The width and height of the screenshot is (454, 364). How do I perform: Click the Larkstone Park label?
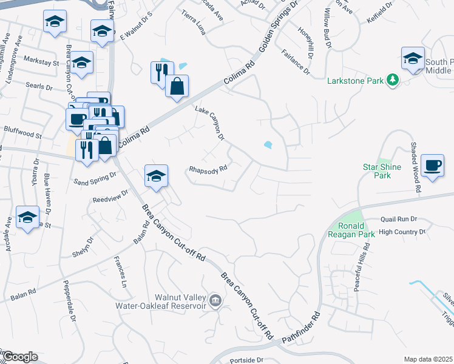coord(356,80)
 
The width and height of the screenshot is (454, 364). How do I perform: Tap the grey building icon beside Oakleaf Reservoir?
coord(215,301)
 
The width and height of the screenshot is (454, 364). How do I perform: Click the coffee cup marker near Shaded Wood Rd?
coord(432,166)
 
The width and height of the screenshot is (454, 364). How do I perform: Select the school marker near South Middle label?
coord(413,59)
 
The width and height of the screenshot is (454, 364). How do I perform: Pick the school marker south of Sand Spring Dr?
coord(156,177)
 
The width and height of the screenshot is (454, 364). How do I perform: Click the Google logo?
coord(19,357)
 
